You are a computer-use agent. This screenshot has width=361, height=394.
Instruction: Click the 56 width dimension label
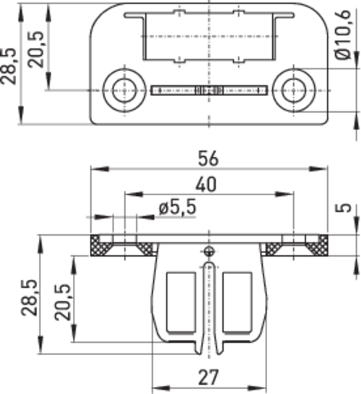pyautogui.click(x=208, y=158)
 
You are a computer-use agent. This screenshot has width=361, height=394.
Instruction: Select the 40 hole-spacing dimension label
pyautogui.click(x=206, y=184)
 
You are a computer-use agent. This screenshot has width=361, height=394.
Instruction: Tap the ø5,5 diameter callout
pyautogui.click(x=178, y=207)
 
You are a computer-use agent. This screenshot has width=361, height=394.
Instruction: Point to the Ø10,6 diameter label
pyautogui.click(x=343, y=35)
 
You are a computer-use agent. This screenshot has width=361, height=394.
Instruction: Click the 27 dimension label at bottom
pyautogui.click(x=208, y=377)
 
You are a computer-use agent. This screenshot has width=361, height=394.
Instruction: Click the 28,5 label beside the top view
pyautogui.click(x=8, y=66)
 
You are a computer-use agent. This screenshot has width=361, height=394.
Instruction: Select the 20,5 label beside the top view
pyautogui.click(x=35, y=49)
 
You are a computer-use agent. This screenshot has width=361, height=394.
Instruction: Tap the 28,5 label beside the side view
pyautogui.click(x=29, y=297)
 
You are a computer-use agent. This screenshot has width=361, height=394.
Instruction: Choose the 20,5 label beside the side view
pyautogui.click(x=63, y=301)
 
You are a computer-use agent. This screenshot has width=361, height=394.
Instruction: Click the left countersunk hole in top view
pyautogui.click(x=125, y=90)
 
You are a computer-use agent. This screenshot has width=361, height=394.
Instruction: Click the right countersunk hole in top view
pyautogui.click(x=294, y=90)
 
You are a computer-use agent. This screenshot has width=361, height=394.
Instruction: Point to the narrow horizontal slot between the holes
pyautogui.click(x=209, y=90)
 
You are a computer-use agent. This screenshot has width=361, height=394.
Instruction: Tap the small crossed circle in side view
pyautogui.click(x=209, y=251)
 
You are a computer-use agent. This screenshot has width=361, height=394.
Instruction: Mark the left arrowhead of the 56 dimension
pyautogui.click(x=100, y=168)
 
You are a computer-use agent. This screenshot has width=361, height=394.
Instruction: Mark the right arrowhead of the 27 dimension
pyautogui.click(x=256, y=388)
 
